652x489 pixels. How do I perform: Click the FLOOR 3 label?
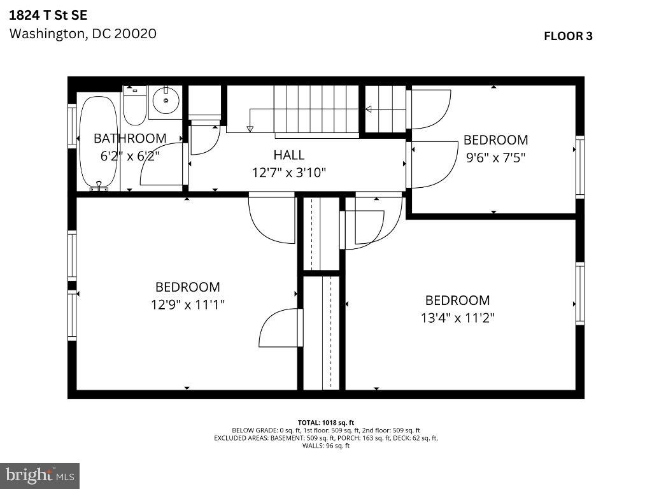[568, 36]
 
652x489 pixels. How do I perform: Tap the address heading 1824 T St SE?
[48, 15]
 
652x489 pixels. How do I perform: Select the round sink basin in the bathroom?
[166, 100]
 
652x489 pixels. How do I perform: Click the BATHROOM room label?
[130, 138]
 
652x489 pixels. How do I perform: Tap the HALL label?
[289, 155]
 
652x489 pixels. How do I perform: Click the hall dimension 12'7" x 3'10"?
[289, 172]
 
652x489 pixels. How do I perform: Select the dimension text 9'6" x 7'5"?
[495, 158]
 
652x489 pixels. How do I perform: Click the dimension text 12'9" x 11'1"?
[188, 305]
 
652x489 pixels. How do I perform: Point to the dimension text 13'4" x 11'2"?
[457, 318]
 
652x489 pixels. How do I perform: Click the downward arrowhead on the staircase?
[250, 129]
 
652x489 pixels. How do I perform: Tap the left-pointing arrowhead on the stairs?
[369, 110]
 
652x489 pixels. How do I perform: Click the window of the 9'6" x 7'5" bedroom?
[580, 167]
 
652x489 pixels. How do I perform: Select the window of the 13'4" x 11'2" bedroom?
[580, 294]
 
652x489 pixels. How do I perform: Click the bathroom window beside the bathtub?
[72, 126]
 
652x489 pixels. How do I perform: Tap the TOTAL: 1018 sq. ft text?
[326, 423]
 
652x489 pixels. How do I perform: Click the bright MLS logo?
[40, 476]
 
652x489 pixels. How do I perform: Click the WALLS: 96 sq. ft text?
[326, 446]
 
